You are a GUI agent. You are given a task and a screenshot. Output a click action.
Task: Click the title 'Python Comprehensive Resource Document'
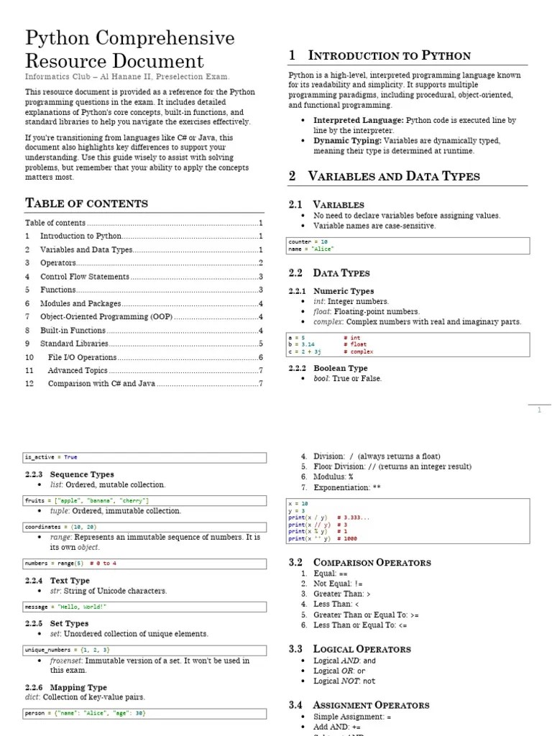129,49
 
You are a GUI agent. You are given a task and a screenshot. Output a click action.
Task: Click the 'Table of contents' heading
86,203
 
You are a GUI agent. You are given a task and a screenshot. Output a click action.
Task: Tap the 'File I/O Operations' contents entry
82,357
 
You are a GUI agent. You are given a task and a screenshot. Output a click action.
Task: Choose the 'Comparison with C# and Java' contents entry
101,383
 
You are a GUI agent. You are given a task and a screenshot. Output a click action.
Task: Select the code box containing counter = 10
408,246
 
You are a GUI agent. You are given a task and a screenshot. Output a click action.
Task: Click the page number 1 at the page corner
540,410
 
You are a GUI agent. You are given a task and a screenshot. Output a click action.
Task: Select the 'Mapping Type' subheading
78,687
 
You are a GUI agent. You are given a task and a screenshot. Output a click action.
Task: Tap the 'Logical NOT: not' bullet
344,681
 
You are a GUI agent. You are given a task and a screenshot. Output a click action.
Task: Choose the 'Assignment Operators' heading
371,705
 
